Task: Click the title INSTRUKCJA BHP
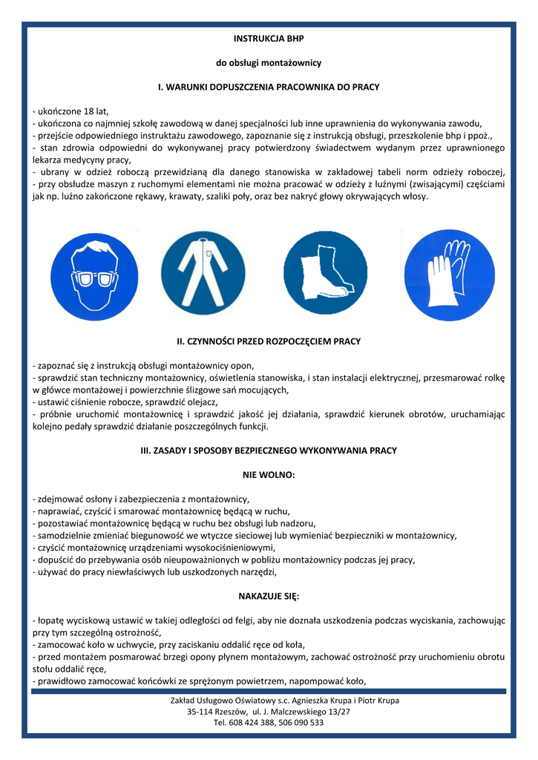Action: click(x=269, y=38)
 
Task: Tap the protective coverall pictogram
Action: click(x=203, y=272)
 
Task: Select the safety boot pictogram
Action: click(x=325, y=272)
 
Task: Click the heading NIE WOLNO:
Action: click(x=269, y=474)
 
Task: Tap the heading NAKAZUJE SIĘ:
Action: click(x=269, y=595)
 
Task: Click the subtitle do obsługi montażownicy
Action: click(x=269, y=62)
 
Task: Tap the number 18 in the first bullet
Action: click(x=78, y=111)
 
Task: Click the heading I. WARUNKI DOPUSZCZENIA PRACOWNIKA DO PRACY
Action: click(x=269, y=87)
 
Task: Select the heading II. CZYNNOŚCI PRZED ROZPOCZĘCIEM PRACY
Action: click(x=269, y=341)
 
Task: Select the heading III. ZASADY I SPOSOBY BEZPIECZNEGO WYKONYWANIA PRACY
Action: click(x=269, y=450)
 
